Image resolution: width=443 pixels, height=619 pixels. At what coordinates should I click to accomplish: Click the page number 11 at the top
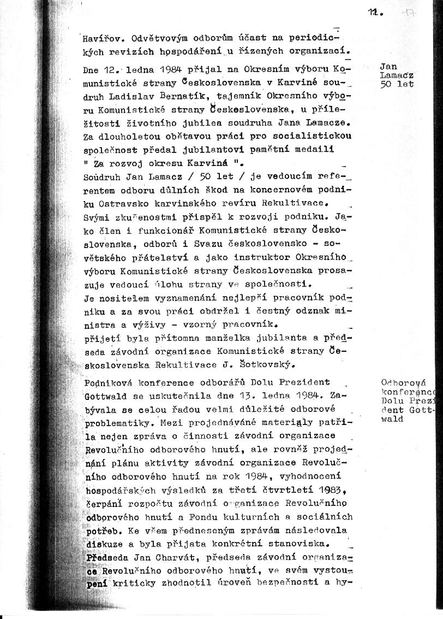(x=374, y=13)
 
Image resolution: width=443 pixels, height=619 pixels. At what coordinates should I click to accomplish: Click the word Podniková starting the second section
(x=108, y=382)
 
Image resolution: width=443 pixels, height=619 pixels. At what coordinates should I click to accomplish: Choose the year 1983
(x=332, y=490)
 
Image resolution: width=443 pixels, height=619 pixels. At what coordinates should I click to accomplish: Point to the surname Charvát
(x=177, y=557)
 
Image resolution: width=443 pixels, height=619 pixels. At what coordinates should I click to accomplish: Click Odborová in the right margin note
(x=400, y=382)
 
